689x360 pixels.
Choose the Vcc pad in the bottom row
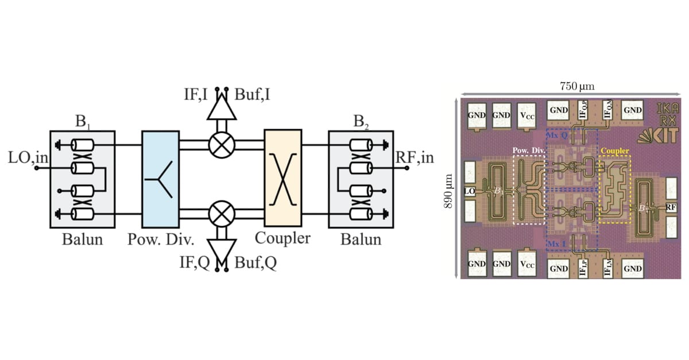[x=528, y=264]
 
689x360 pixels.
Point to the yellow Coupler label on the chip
[x=614, y=152]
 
